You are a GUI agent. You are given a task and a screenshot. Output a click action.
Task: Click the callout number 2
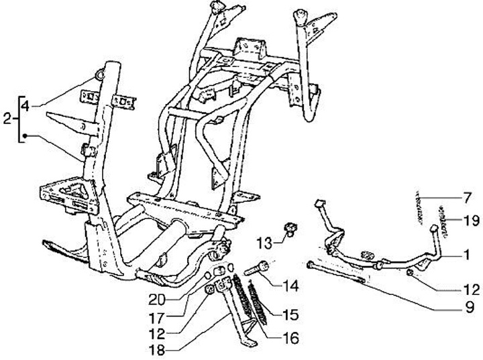[x=7, y=119]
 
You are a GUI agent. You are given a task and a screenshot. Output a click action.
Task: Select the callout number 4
[x=25, y=106]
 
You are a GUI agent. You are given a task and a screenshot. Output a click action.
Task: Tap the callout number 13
[x=264, y=241]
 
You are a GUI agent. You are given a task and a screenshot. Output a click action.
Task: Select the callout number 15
[x=290, y=314]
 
